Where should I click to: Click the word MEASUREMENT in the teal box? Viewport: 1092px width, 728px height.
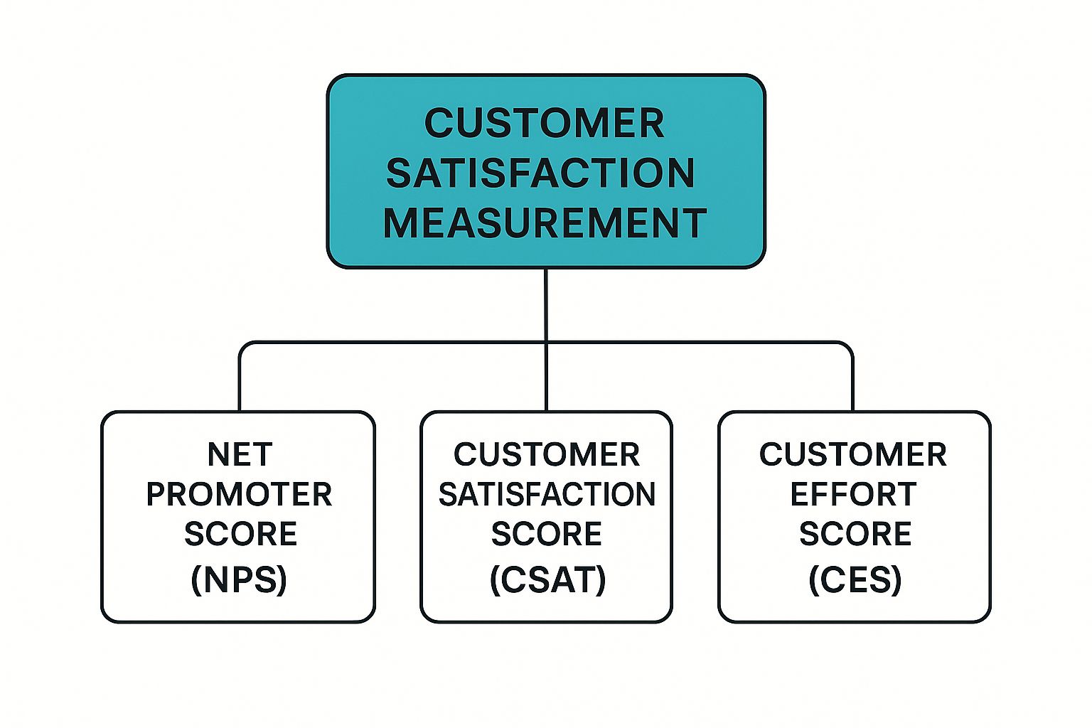(545, 223)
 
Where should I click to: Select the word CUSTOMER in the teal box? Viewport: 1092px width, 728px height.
(545, 123)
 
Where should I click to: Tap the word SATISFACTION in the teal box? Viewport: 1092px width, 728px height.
(541, 173)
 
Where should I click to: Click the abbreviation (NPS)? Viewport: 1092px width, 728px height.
(239, 579)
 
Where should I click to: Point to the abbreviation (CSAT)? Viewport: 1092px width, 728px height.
(547, 579)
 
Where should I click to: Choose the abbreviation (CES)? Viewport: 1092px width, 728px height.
(855, 579)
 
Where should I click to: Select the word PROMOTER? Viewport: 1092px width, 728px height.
(239, 495)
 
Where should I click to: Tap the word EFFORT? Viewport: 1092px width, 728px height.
(853, 495)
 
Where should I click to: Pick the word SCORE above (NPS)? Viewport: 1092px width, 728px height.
(240, 534)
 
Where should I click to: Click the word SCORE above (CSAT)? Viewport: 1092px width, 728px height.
(547, 534)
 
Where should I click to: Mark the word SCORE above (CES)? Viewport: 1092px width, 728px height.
(855, 534)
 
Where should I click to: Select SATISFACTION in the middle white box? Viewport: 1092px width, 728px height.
(547, 495)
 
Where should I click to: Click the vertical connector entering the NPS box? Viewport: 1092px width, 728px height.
(240, 384)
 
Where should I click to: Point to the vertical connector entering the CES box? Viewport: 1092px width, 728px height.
(852, 384)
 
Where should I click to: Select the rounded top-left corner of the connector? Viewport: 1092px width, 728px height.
(243, 346)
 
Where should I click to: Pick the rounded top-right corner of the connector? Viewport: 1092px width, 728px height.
(849, 346)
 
